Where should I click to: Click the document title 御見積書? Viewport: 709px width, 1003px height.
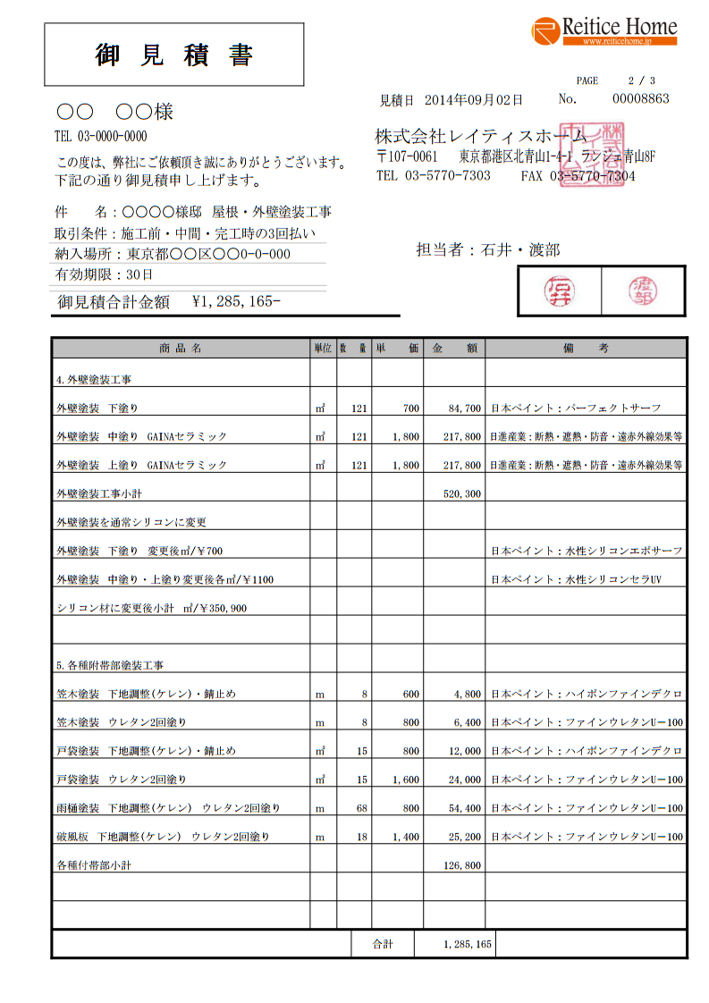[x=174, y=55]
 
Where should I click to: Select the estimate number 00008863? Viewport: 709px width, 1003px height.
[x=640, y=99]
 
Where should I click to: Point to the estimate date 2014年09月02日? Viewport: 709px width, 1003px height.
[x=474, y=100]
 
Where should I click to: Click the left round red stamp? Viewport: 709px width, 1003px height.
[x=561, y=291]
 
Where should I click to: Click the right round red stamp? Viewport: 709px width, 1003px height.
[x=642, y=291]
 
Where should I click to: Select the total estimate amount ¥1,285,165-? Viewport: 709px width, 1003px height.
[x=236, y=302]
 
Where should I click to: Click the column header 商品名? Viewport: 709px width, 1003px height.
[x=180, y=348]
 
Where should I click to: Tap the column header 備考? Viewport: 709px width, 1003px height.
[x=586, y=348]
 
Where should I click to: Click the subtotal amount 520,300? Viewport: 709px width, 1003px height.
[x=462, y=494]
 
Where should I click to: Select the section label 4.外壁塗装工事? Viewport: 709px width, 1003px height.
[x=93, y=380]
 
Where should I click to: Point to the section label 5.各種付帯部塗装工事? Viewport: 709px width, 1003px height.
[x=109, y=666]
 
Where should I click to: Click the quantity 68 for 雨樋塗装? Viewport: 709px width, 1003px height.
[x=362, y=809]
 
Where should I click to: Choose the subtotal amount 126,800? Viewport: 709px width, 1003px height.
[x=462, y=866]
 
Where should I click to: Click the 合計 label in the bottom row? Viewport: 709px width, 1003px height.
[x=383, y=944]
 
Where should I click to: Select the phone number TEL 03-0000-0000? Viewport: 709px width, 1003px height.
[x=101, y=137]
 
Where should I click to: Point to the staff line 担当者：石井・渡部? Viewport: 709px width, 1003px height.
[x=487, y=250]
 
